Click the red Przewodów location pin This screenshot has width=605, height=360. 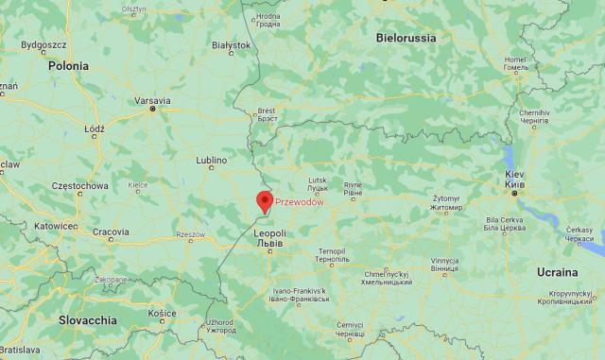click(x=265, y=200)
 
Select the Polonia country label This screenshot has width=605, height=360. click(x=69, y=66)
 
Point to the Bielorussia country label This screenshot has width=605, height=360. click(x=406, y=38)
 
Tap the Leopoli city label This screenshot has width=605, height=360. click(x=269, y=232)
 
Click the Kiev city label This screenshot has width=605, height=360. click(x=514, y=176)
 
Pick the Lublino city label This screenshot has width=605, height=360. click(x=212, y=161)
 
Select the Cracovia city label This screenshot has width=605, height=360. click(x=111, y=231)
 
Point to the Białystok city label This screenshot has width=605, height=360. click(x=231, y=44)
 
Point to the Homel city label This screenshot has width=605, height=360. click(x=515, y=59)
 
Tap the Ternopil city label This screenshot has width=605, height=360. click(x=332, y=251)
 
